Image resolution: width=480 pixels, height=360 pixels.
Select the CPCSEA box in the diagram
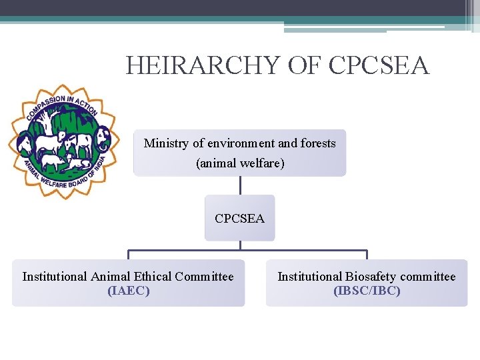click(239, 218)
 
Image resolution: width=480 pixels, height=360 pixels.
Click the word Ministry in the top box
click(164, 143)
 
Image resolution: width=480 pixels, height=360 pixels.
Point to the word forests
click(318, 143)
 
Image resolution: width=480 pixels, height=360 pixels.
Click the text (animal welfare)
click(240, 163)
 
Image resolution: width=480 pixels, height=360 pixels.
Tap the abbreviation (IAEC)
click(128, 291)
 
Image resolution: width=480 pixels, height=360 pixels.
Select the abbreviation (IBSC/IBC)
click(367, 291)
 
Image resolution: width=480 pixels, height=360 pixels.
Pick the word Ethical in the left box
click(153, 276)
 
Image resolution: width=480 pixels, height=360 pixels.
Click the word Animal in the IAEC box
click(110, 276)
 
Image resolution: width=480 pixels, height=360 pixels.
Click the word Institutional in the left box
click(55, 276)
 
